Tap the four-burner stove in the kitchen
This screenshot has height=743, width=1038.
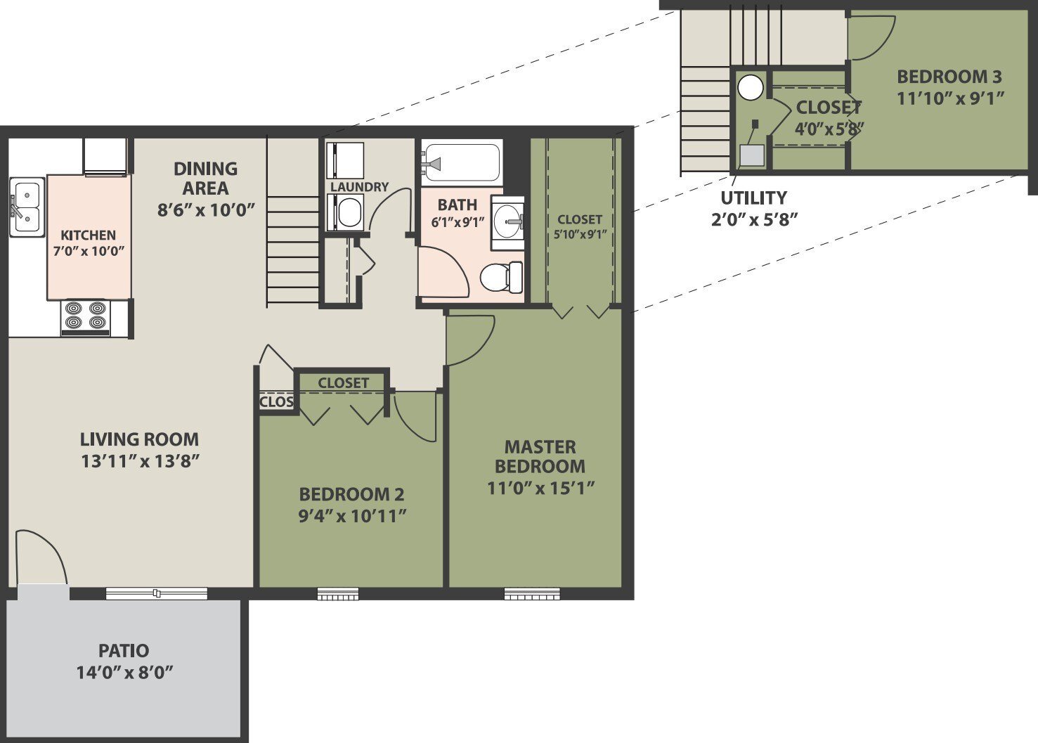(86, 316)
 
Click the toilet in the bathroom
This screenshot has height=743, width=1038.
(502, 276)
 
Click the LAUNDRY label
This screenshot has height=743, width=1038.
(359, 187)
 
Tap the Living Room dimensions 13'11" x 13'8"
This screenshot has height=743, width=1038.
(140, 461)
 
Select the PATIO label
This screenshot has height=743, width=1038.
(124, 650)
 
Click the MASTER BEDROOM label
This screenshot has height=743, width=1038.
(540, 456)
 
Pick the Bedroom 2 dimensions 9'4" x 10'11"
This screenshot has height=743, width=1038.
(352, 516)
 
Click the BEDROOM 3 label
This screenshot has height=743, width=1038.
(949, 77)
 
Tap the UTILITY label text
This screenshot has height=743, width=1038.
(753, 198)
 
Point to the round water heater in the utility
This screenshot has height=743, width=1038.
(751, 88)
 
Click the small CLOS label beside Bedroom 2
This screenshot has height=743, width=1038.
(276, 402)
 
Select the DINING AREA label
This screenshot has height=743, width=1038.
(205, 179)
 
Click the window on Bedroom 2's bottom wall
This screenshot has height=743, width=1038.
(338, 595)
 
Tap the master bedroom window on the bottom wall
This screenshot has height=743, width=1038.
(532, 595)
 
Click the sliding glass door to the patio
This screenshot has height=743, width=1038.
(157, 594)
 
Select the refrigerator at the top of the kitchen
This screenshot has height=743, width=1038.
(105, 156)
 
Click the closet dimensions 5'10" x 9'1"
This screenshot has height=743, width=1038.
(580, 235)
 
